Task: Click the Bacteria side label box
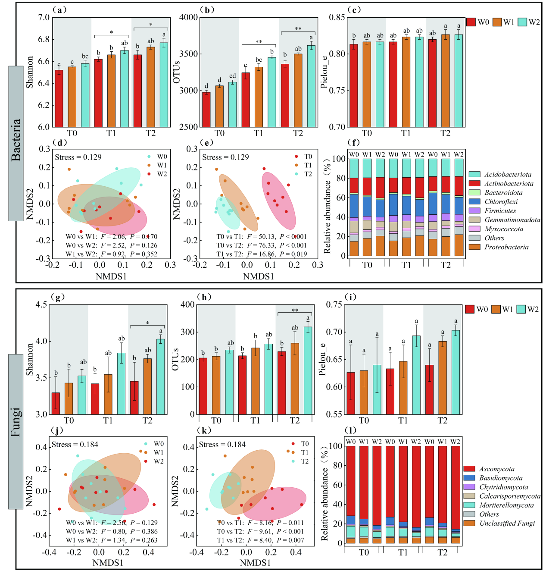click(x=16, y=143)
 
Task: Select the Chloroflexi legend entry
click(x=501, y=202)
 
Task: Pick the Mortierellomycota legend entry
click(x=506, y=505)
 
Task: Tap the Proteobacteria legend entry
click(x=506, y=247)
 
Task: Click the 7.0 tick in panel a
click(x=44, y=18)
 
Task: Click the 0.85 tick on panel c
click(x=337, y=18)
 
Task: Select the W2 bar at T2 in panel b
click(x=311, y=86)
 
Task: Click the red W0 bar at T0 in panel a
click(x=59, y=99)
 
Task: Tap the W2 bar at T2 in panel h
click(x=308, y=370)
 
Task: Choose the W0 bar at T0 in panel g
click(x=56, y=403)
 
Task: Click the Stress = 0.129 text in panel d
click(x=78, y=157)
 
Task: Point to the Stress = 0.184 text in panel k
click(x=222, y=445)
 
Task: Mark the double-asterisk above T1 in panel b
click(x=259, y=42)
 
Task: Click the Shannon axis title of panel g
click(x=30, y=359)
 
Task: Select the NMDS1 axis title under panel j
click(x=108, y=563)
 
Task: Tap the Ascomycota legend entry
click(x=496, y=469)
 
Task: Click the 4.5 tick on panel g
click(x=41, y=305)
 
